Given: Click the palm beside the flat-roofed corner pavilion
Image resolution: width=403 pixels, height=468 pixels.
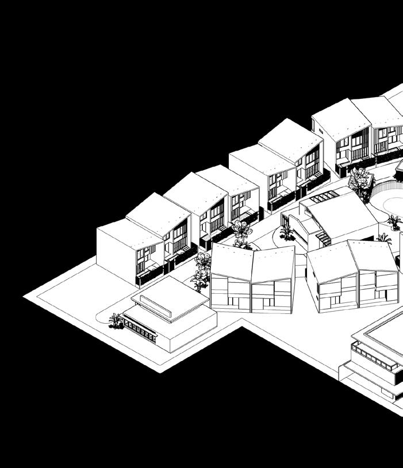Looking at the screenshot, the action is click(x=116, y=321).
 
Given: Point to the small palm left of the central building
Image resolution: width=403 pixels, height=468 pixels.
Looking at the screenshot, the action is click(x=286, y=232).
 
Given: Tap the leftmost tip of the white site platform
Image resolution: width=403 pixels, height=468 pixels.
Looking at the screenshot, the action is click(x=25, y=296).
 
